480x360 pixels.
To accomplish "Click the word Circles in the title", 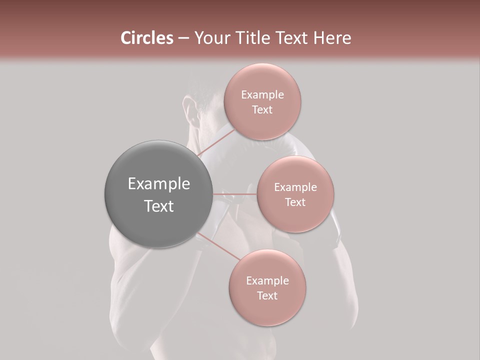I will point(147,38).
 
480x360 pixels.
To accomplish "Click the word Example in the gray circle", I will point(158,184).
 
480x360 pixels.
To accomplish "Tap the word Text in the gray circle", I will point(158,206).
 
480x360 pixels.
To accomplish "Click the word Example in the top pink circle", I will point(262,95).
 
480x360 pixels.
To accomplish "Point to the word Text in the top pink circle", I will point(262,110).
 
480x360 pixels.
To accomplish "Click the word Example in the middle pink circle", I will point(295,187).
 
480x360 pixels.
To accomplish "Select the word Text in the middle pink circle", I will point(295,202).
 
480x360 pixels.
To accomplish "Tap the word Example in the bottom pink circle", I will point(267,281).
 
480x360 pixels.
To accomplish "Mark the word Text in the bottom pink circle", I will point(267,296).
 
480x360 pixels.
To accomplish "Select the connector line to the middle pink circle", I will point(235,194).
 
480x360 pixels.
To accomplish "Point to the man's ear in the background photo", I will point(190,107).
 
